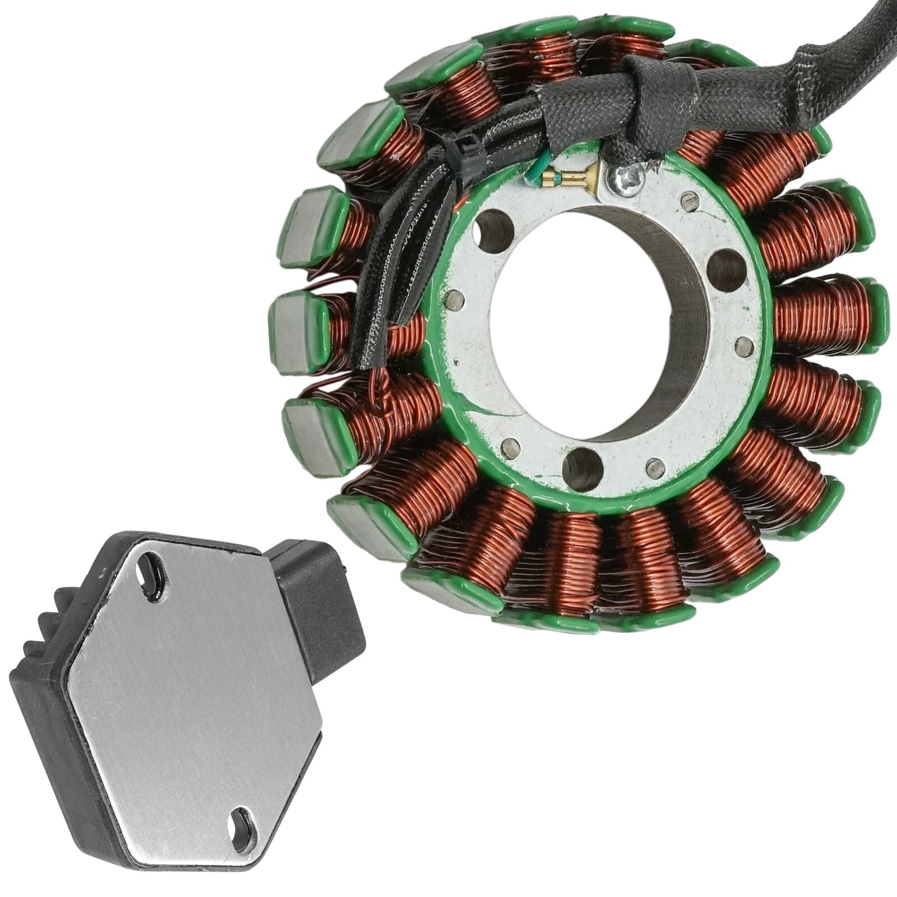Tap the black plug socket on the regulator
pyautogui.click(x=320, y=605)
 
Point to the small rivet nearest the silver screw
pyautogui.click(x=689, y=200)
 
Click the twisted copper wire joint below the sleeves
pyautogui.click(x=385, y=392)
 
